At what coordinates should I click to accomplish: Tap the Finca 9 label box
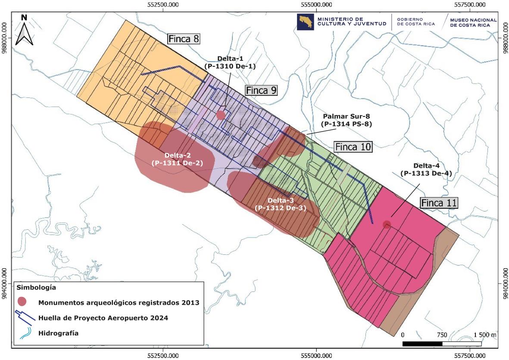261,91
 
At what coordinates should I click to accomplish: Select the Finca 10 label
353,147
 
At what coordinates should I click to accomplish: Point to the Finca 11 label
439,203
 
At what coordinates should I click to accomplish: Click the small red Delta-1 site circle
221,115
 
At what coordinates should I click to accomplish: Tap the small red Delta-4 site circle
387,224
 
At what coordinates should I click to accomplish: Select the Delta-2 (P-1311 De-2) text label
177,159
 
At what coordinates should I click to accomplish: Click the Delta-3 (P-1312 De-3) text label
280,204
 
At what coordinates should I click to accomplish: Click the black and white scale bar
442,344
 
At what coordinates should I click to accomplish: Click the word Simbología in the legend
36,287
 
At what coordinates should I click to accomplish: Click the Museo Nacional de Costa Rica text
473,22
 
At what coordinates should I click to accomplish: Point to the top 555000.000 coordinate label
316,5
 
